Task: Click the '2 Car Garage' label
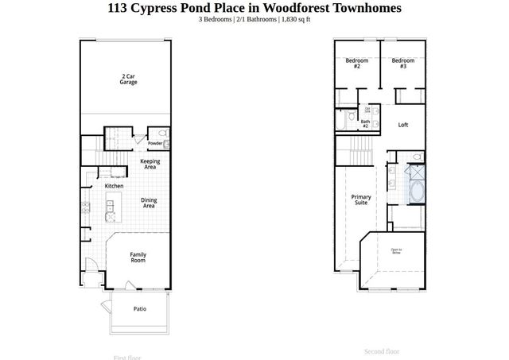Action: pyautogui.click(x=129, y=79)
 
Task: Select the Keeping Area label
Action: pyautogui.click(x=150, y=165)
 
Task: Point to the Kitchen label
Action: pyautogui.click(x=114, y=186)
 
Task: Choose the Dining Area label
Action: pyautogui.click(x=149, y=203)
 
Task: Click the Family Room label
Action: pyautogui.click(x=138, y=257)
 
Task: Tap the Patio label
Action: pyautogui.click(x=139, y=309)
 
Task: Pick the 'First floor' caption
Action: pyautogui.click(x=126, y=357)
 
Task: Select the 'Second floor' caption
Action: pyautogui.click(x=382, y=350)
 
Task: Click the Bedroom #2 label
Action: pyautogui.click(x=356, y=63)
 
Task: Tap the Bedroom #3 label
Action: pyautogui.click(x=402, y=63)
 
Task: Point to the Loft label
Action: pyautogui.click(x=403, y=125)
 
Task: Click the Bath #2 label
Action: pyautogui.click(x=366, y=124)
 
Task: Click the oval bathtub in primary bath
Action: pyautogui.click(x=416, y=192)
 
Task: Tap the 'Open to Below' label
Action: pyautogui.click(x=395, y=252)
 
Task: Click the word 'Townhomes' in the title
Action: pyautogui.click(x=363, y=8)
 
